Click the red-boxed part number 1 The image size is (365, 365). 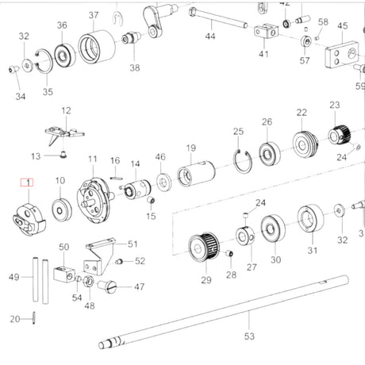pyautogui.click(x=27, y=182)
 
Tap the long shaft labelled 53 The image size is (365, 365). pyautogui.click(x=224, y=312)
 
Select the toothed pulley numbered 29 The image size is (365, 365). pyautogui.click(x=204, y=247)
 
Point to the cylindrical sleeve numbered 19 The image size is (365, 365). pyautogui.click(x=196, y=173)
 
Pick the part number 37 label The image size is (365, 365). pyautogui.click(x=94, y=15)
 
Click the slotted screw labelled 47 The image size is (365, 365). pyautogui.click(x=107, y=286)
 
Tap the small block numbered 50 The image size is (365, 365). pyautogui.click(x=64, y=274)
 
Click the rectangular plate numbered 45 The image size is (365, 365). pyautogui.click(x=342, y=55)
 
